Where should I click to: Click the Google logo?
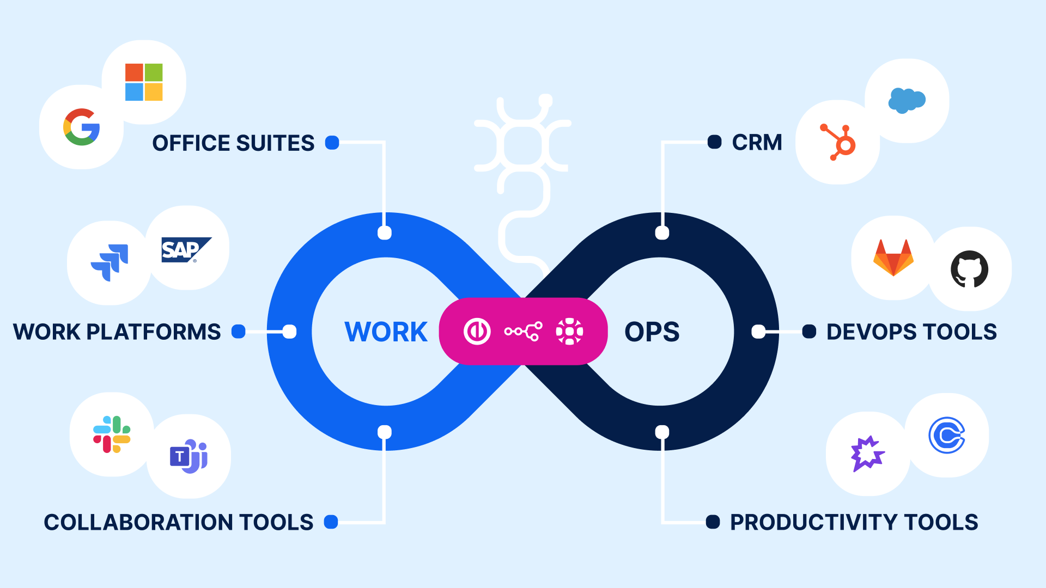coord(82,127)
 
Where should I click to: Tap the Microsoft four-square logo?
coord(144,82)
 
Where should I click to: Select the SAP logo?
coord(185,250)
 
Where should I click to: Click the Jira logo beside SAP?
coord(110,262)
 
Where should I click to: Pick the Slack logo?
coord(112,434)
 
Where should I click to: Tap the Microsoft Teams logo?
coord(188,456)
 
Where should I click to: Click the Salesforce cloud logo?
coord(907,100)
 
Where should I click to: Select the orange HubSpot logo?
coord(839,143)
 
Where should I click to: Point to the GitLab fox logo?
coord(893,258)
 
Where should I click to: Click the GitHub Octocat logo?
coord(969,268)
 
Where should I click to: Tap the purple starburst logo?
coord(867,454)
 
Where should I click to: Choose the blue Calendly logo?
coord(947,435)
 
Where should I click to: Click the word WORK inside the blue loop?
coord(386,332)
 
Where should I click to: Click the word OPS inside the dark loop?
coord(652,332)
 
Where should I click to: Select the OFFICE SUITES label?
coord(233,143)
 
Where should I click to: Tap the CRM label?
coord(757,143)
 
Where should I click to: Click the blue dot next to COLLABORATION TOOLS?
coord(331,522)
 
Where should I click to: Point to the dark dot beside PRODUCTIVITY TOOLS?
coord(713,522)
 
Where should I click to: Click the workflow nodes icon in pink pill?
coord(523,331)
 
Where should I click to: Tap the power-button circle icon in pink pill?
coord(477,331)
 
